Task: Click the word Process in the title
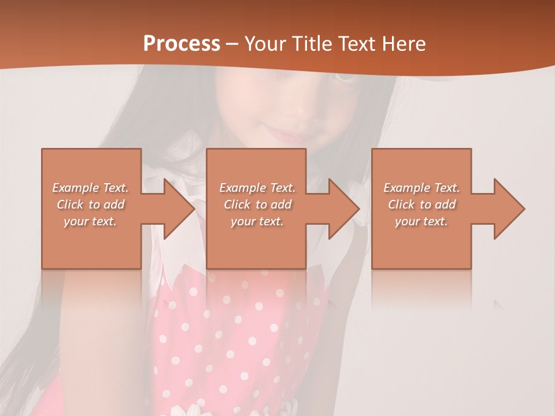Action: coord(182,43)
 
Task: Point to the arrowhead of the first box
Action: coord(179,209)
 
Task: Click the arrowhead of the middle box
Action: coord(344,209)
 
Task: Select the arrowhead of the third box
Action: coord(509,209)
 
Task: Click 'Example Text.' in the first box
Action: coord(91,188)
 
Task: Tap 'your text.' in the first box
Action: coord(91,221)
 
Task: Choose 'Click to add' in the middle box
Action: coord(257,205)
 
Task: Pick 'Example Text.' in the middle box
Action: coord(257,188)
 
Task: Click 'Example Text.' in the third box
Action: coord(421,188)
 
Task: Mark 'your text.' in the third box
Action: coord(421,221)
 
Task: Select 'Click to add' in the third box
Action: coord(421,205)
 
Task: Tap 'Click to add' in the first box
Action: coord(91,205)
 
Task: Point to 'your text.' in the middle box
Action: coord(257,221)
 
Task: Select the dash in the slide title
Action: coord(232,44)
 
